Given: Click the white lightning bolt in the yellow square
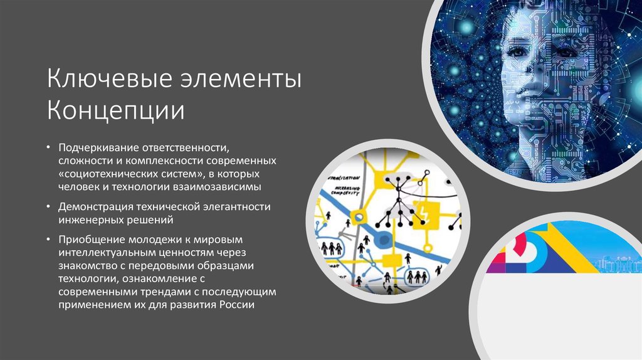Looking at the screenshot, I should [x=428, y=211].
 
